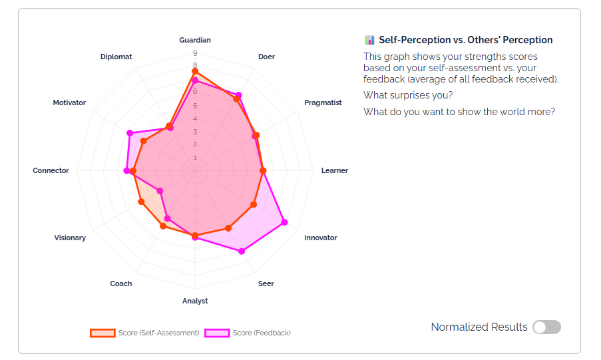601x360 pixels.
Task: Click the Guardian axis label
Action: [195, 40]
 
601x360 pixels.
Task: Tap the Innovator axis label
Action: [321, 238]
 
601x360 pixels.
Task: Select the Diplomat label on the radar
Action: [116, 57]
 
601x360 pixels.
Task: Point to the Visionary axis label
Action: [70, 238]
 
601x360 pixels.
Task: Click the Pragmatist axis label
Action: [323, 102]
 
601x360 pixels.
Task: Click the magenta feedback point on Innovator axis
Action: [284, 222]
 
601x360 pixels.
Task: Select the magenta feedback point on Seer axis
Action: [241, 252]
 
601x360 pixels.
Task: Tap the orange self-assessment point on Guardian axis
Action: [195, 71]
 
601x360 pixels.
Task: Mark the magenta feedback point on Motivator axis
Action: [130, 133]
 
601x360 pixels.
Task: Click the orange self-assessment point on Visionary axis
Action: [140, 202]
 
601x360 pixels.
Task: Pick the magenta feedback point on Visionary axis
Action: [160, 191]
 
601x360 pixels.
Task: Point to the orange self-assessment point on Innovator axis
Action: [253, 204]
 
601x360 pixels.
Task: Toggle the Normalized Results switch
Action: [546, 327]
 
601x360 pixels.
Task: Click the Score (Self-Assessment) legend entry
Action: [145, 333]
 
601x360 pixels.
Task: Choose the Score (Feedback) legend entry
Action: [248, 333]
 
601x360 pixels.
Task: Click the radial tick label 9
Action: [195, 53]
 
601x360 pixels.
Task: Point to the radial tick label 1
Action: [195, 158]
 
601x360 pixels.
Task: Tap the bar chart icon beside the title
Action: [369, 40]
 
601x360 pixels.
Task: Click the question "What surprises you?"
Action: [408, 95]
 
